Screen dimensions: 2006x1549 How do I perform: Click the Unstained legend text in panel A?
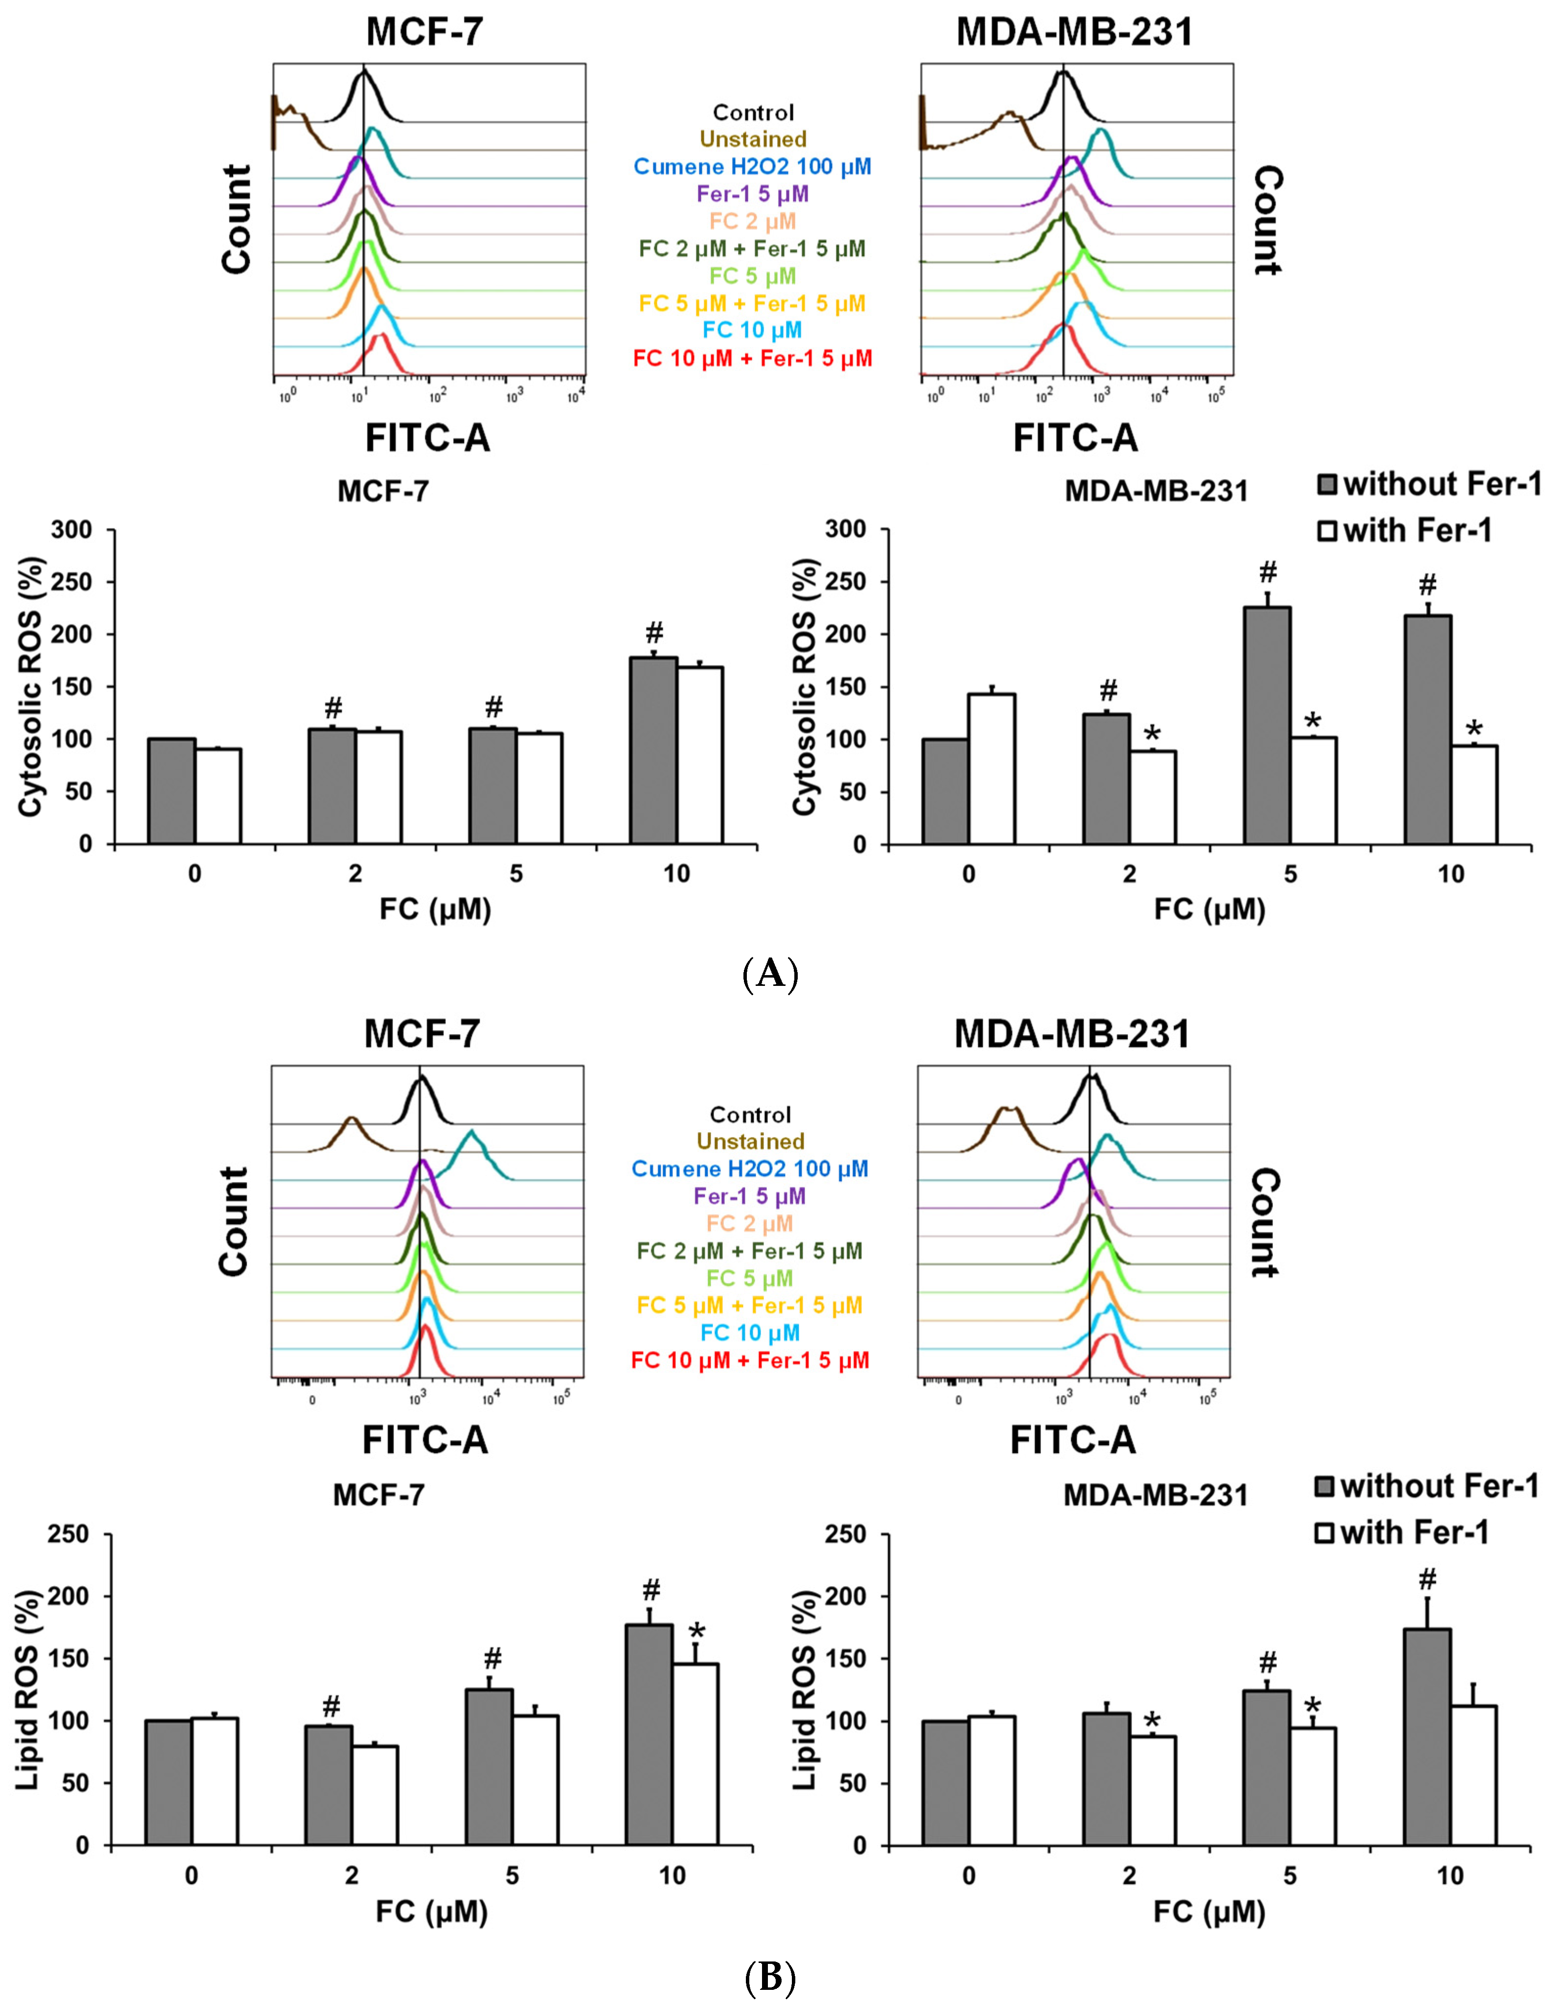(752, 139)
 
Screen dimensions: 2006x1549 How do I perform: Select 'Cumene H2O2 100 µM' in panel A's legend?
(752, 167)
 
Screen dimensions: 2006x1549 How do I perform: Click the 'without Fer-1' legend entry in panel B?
(1438, 1486)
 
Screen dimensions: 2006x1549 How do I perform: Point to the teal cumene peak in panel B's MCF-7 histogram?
(472, 1139)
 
